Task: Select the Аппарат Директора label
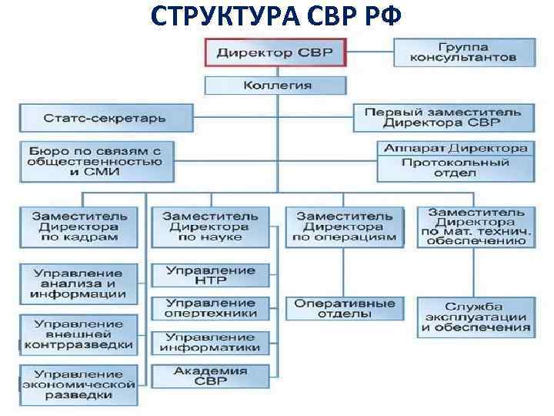click(x=456, y=148)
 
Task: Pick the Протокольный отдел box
click(x=456, y=168)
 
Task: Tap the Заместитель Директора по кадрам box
click(x=79, y=227)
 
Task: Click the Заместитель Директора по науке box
click(x=210, y=227)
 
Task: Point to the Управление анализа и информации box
click(x=79, y=283)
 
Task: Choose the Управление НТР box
click(x=210, y=276)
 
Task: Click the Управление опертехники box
click(x=210, y=308)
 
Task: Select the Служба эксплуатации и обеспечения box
click(x=474, y=317)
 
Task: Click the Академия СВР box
click(x=210, y=376)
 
